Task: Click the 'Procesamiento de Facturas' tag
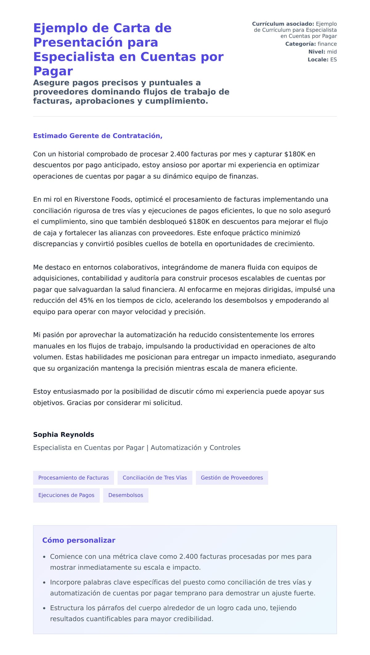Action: [x=73, y=478]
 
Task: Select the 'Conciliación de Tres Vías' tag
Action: [x=155, y=478]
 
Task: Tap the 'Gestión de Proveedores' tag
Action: [x=232, y=478]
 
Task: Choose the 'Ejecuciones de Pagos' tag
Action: [x=66, y=495]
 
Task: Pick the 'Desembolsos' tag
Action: [x=126, y=495]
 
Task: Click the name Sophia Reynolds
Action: [x=64, y=434]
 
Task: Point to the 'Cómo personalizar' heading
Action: [x=79, y=540]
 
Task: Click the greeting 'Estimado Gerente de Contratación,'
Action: [x=98, y=136]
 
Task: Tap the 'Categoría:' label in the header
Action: [x=300, y=44]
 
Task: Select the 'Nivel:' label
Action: [x=317, y=52]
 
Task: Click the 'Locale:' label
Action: [x=318, y=60]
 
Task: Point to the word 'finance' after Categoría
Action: [x=327, y=44]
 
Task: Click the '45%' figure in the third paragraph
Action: [x=86, y=301]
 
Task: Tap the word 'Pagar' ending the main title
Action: [x=53, y=71]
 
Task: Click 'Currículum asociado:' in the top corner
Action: [x=283, y=24]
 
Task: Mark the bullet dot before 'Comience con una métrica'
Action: [x=44, y=557]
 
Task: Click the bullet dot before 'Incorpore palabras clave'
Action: [x=44, y=582]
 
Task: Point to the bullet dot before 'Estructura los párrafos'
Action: [x=44, y=608]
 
